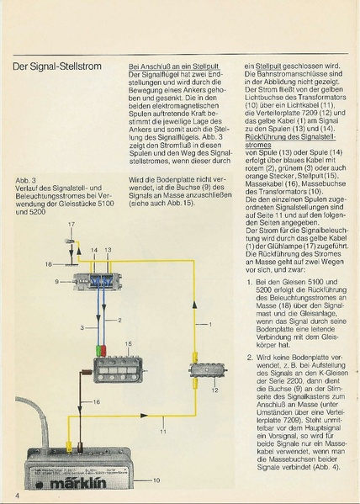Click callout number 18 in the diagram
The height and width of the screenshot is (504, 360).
(49, 263)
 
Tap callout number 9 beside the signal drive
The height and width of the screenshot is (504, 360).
(58, 281)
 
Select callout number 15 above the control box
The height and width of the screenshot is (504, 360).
(128, 345)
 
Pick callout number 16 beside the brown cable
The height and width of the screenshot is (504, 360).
(96, 403)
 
